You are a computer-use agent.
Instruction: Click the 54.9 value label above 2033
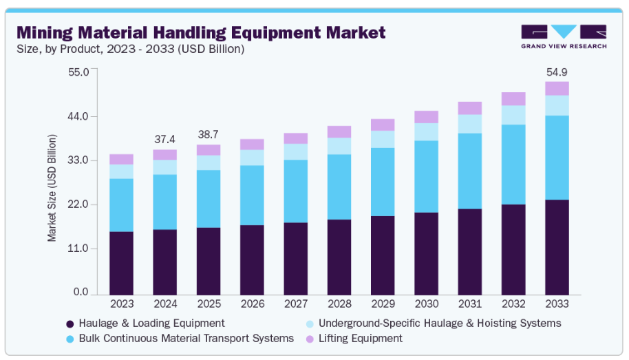557,72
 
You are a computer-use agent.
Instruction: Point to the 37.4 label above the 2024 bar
164,139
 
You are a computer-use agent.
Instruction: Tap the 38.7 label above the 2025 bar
209,134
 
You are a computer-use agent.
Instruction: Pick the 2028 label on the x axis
339,304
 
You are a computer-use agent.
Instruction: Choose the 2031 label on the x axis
469,304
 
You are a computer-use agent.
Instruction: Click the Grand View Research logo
564,36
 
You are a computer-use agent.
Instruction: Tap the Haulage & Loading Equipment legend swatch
70,324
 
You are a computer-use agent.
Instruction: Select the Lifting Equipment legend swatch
310,339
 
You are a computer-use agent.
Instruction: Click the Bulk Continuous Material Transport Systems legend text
186,339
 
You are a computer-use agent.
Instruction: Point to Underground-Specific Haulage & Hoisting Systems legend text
441,324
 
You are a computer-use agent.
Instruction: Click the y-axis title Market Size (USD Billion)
52,187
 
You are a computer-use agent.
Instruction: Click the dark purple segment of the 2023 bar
121,263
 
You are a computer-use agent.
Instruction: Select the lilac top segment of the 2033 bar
557,88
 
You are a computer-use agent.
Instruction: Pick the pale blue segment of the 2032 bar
513,115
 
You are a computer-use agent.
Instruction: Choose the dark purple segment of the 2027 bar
295,258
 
